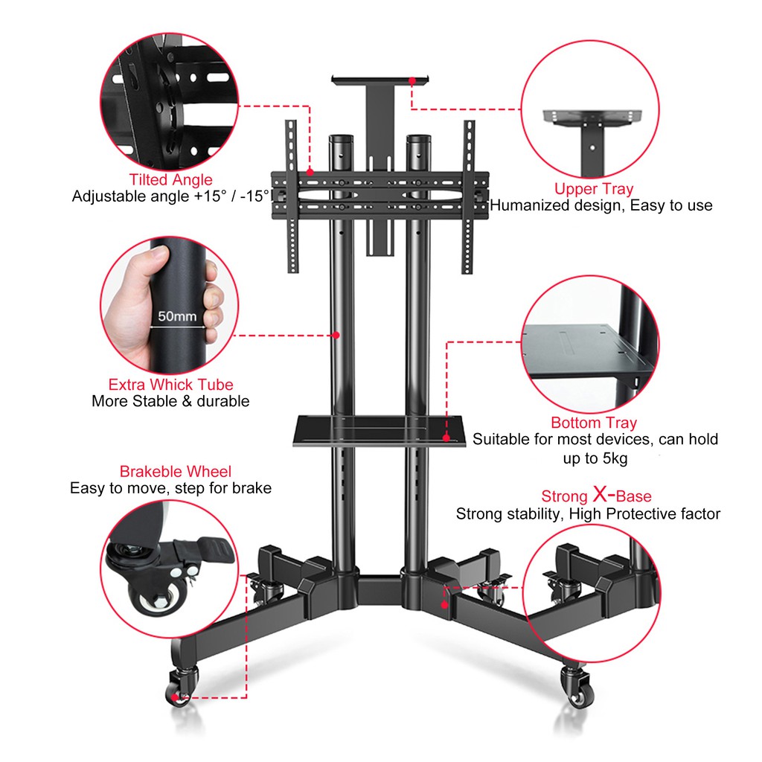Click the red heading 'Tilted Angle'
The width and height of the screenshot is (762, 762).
[170, 180]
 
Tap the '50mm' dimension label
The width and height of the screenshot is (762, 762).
[177, 316]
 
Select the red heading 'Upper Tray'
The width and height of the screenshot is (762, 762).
[594, 188]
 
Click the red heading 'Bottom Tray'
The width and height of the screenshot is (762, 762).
[594, 423]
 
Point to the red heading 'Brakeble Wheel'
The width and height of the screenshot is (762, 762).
[176, 471]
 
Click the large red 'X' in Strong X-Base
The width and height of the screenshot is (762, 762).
[601, 495]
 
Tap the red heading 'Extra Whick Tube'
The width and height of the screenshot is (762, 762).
[170, 385]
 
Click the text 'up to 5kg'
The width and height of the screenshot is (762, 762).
[595, 458]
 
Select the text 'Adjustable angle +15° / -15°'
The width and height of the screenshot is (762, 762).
[170, 196]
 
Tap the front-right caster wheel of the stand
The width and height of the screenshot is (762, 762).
[577, 685]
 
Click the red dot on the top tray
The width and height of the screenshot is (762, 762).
[412, 80]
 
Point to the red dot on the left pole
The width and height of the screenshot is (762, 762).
[336, 335]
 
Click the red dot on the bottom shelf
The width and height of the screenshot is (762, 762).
[446, 438]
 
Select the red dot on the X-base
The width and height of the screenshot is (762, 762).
[444, 604]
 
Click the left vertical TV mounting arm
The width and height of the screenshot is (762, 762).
[292, 196]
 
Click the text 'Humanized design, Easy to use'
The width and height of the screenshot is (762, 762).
[601, 205]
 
